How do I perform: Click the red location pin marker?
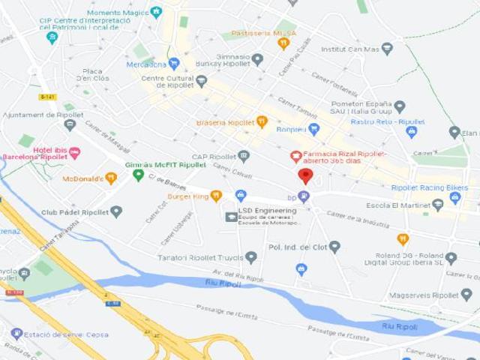pos(304,176)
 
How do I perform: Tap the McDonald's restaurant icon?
pos(111,178)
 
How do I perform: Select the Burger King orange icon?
pos(216,196)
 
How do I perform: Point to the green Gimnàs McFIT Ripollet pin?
pos(138,175)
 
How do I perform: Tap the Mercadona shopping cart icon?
pos(174,64)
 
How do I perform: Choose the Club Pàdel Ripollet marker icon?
pos(115,212)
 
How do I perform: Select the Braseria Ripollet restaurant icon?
pos(262,121)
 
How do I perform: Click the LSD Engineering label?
pos(267,211)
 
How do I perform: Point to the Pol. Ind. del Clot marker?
pos(334,246)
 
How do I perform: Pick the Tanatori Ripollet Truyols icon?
pos(251,257)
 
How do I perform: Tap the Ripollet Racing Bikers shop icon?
pos(455,198)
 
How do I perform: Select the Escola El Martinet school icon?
pos(438,205)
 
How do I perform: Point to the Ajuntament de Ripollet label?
pos(43,115)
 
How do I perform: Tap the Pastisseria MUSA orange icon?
pos(283,43)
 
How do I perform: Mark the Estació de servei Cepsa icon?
pos(16,334)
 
